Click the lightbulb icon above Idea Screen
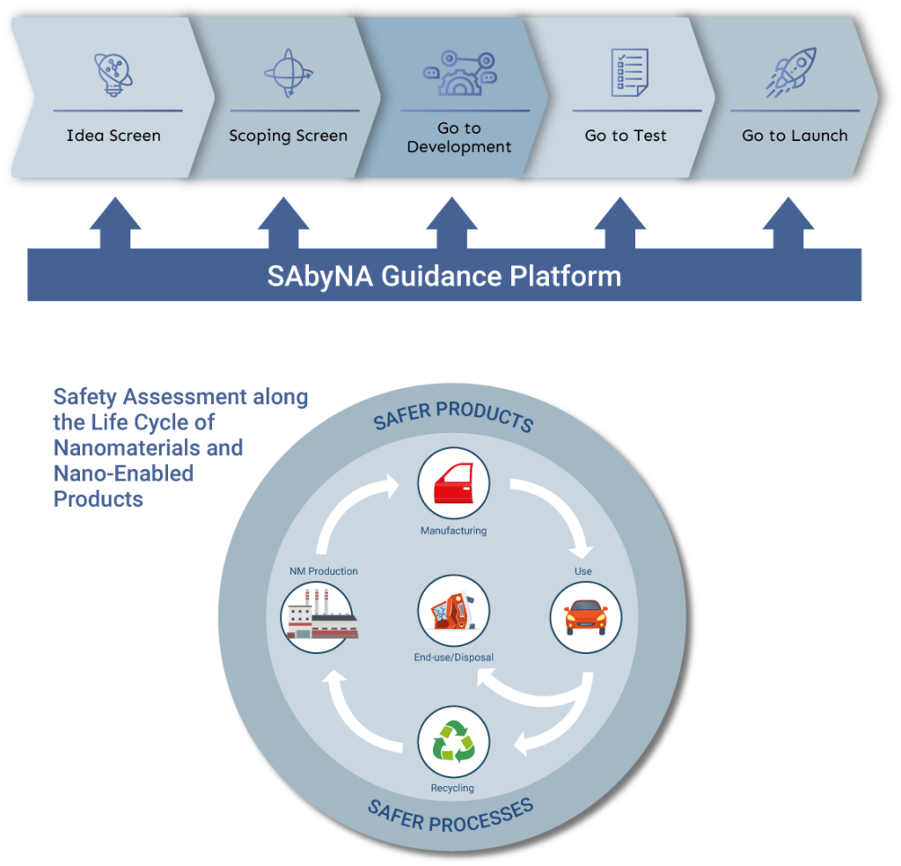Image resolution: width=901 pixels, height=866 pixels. tap(113, 74)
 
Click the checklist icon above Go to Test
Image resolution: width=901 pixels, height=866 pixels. tap(629, 72)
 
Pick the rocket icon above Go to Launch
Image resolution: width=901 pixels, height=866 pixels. tap(791, 72)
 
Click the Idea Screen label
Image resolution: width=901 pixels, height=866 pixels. tap(114, 136)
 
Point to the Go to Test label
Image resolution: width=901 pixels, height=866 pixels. tap(626, 136)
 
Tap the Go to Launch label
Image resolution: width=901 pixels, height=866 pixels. tap(795, 136)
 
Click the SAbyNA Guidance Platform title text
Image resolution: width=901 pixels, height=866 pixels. tap(444, 276)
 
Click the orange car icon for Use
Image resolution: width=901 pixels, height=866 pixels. tap(585, 617)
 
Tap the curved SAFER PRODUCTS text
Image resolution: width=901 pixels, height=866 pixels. tap(453, 417)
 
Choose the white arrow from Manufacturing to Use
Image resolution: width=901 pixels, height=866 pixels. tap(554, 510)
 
